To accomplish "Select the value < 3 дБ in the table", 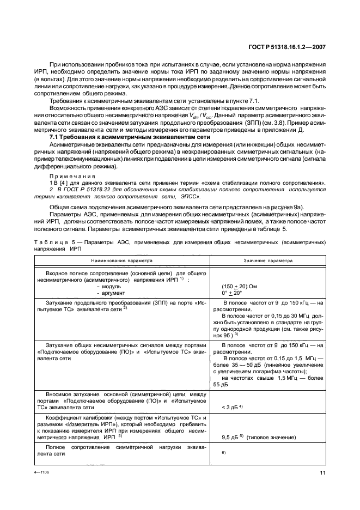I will (232, 407).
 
